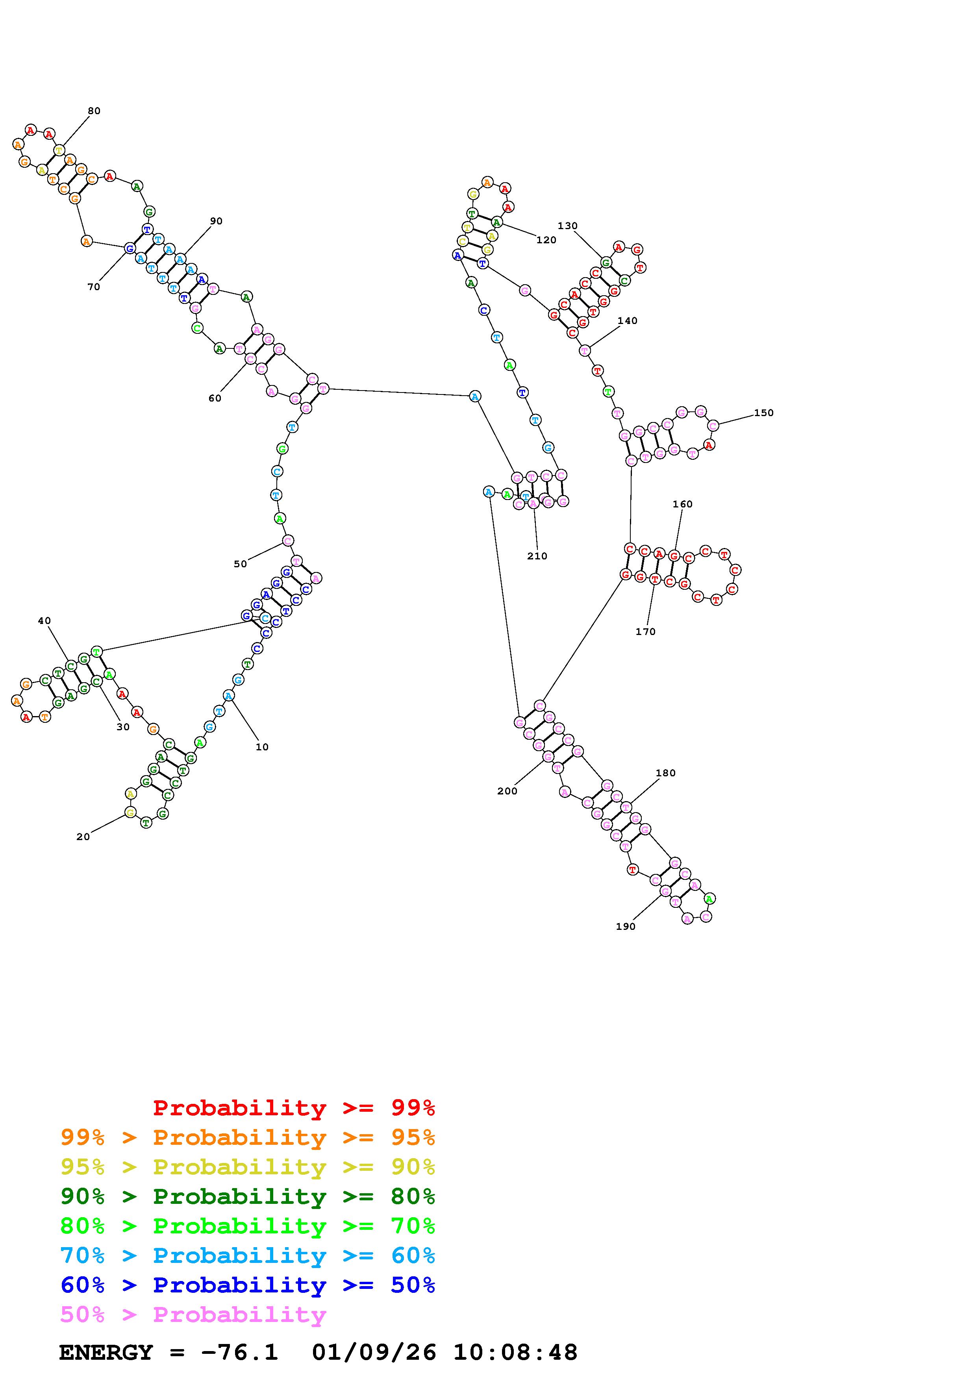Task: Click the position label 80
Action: coord(94,111)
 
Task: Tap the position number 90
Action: coord(216,221)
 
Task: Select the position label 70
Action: coord(94,287)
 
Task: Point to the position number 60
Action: coord(215,398)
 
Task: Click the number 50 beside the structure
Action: coord(240,564)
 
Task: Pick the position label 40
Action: coord(44,621)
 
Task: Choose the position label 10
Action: coord(261,747)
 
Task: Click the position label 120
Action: coord(546,240)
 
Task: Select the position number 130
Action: coord(567,226)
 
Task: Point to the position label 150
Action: coord(763,413)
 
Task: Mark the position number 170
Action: coord(645,631)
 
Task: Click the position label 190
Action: coord(626,926)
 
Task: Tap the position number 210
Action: coord(537,556)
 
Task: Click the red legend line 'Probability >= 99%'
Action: coord(294,1107)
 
